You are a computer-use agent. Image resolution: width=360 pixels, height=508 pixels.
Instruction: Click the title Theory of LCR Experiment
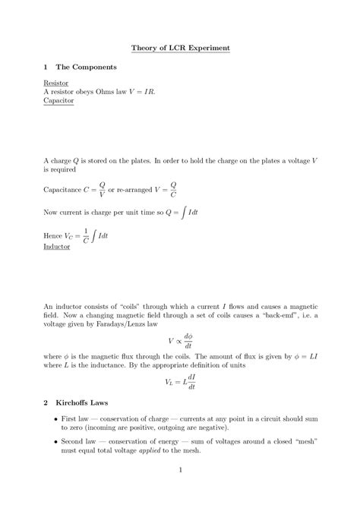[x=180, y=48]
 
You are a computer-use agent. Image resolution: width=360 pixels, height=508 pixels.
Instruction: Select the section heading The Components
[x=84, y=68]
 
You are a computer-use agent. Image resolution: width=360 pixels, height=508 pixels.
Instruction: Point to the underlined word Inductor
[x=57, y=247]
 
